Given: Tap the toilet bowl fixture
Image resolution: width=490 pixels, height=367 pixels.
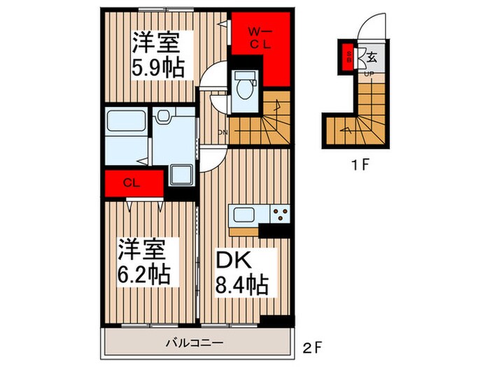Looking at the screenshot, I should pyautogui.click(x=244, y=87).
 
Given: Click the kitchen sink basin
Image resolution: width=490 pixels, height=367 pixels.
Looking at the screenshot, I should pyautogui.click(x=243, y=214).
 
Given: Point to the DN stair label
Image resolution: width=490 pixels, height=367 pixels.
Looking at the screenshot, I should pyautogui.click(x=223, y=132).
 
